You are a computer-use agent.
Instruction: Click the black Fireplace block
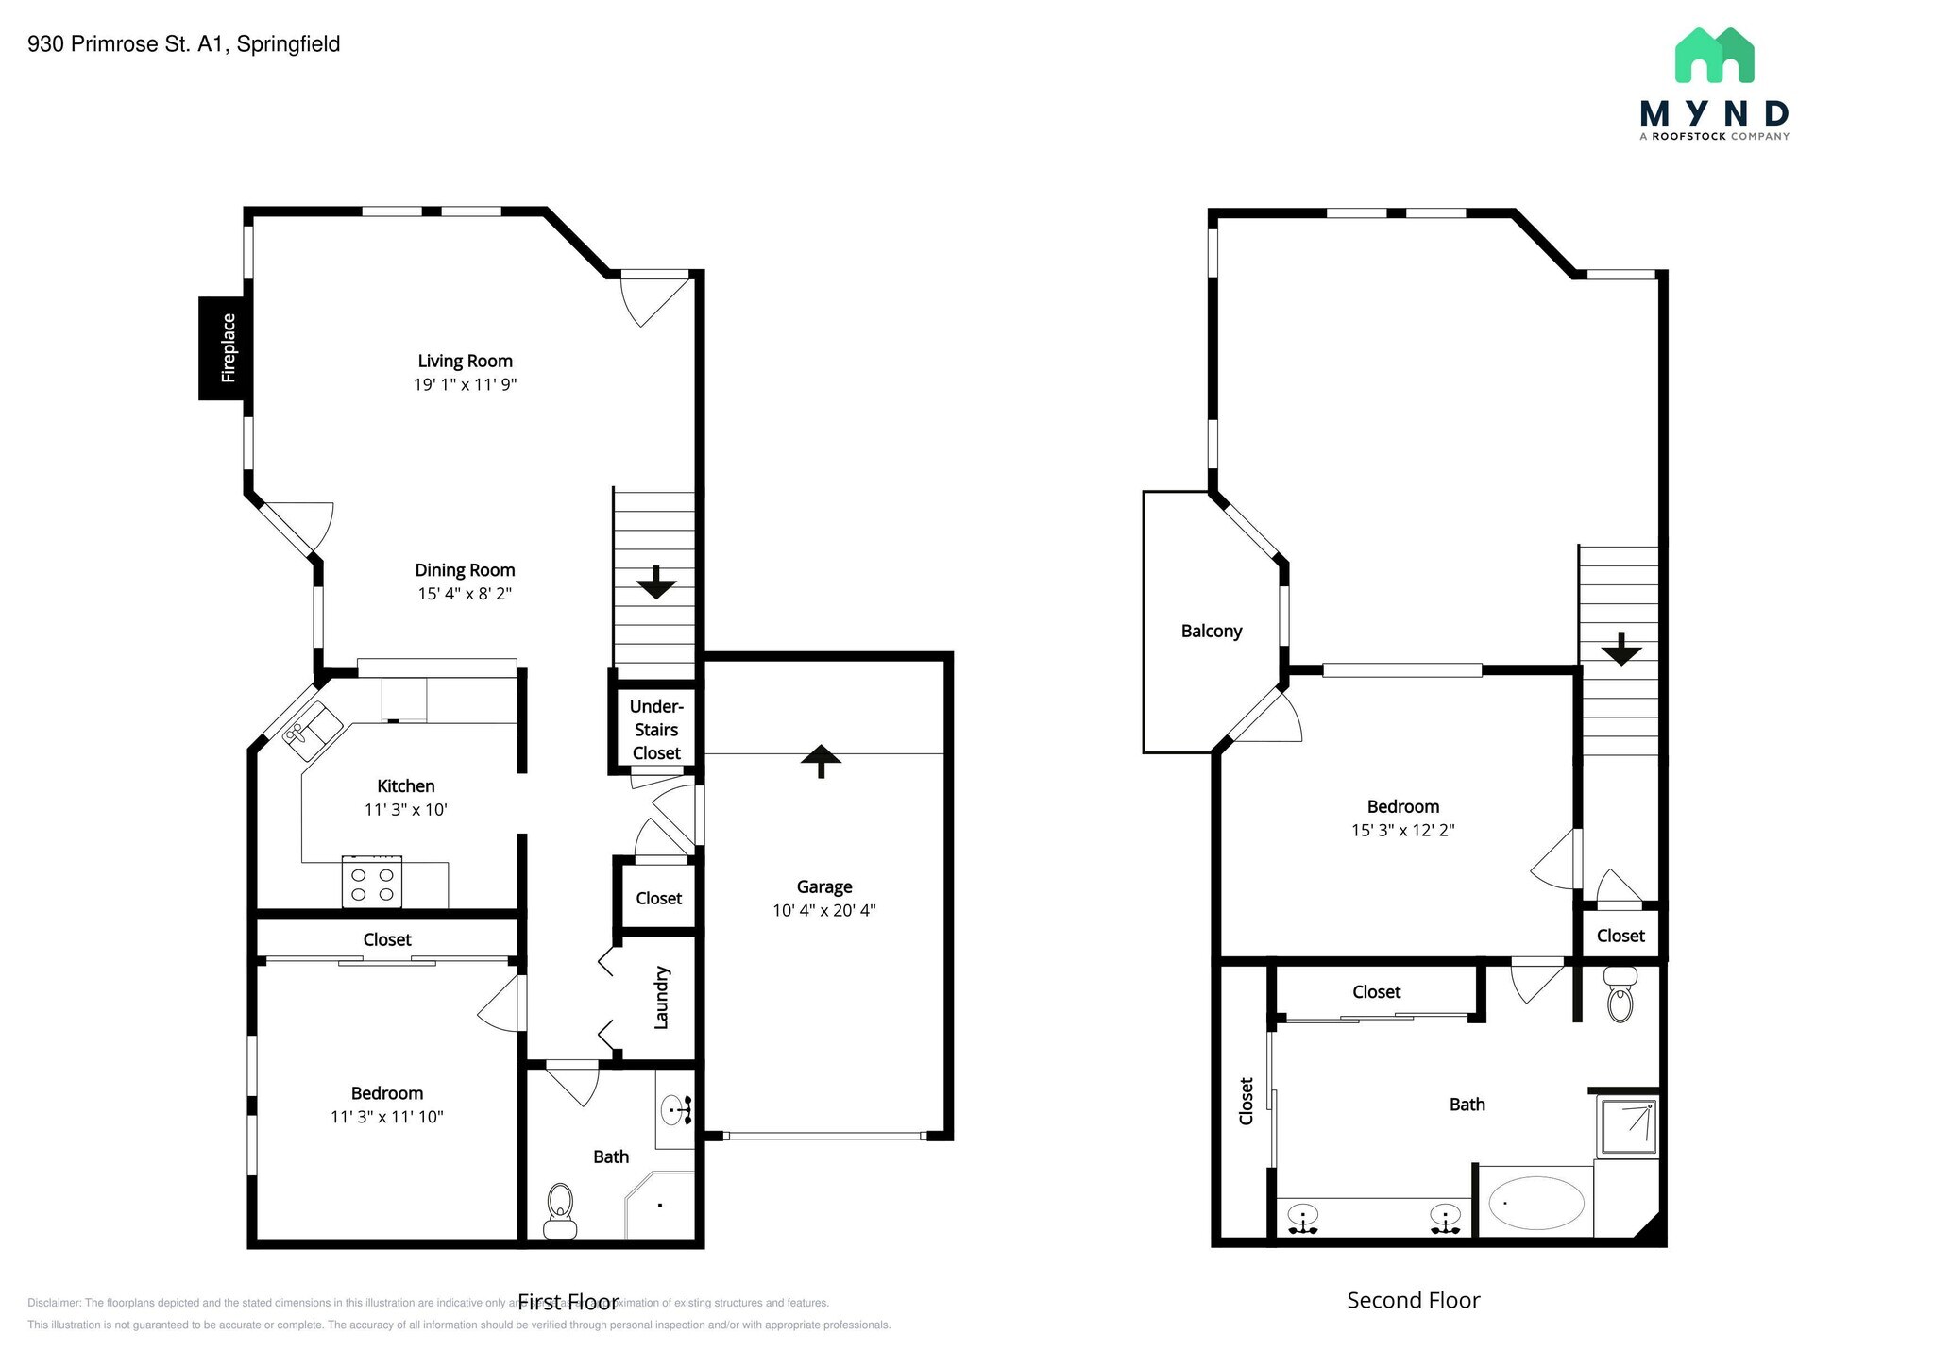click(x=224, y=348)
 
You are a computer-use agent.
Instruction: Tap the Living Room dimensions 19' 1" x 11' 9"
click(x=465, y=385)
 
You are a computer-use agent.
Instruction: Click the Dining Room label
click(x=465, y=570)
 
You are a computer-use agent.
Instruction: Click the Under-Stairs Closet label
click(x=656, y=730)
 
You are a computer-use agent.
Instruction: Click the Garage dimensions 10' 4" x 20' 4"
click(x=823, y=911)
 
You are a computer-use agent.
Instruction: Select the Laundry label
click(x=661, y=997)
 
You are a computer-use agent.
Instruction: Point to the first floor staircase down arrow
click(x=655, y=582)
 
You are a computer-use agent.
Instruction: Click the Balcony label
click(x=1211, y=632)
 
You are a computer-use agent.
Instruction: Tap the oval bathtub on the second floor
click(x=1535, y=1203)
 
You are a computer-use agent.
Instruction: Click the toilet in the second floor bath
click(x=1620, y=997)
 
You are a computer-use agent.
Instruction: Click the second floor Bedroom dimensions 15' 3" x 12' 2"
click(x=1402, y=831)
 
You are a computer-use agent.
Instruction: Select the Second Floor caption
click(x=1413, y=1301)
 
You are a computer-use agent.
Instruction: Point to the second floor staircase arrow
click(x=1620, y=649)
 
